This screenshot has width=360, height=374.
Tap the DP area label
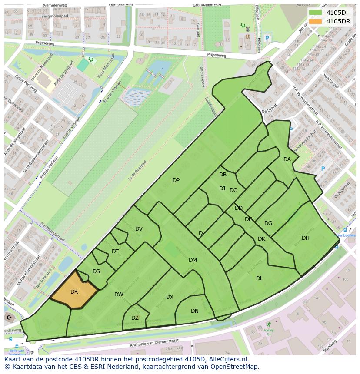click(x=176, y=180)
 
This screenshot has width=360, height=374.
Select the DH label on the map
click(x=306, y=238)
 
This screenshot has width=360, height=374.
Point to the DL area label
click(x=260, y=278)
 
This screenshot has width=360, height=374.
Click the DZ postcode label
click(x=135, y=318)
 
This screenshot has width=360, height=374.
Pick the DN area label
click(x=195, y=311)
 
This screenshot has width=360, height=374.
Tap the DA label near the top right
click(x=287, y=159)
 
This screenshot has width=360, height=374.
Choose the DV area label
click(x=139, y=229)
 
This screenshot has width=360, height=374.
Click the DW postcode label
click(x=119, y=295)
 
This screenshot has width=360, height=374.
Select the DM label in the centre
click(x=193, y=260)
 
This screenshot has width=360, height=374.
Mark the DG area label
click(x=268, y=223)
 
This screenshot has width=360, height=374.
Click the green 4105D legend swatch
click(x=316, y=13)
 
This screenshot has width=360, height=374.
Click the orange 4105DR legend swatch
click(x=316, y=21)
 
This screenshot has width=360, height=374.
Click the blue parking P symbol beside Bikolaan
click(x=267, y=38)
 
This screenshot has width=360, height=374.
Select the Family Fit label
click(x=269, y=332)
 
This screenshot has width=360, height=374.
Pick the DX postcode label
click(x=170, y=297)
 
